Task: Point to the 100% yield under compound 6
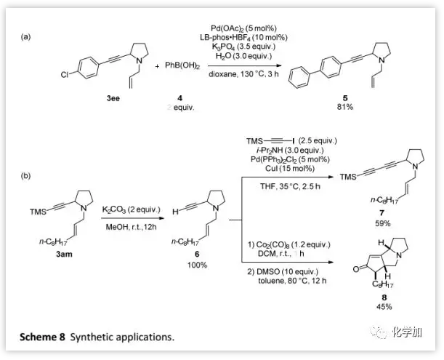(195, 265)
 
